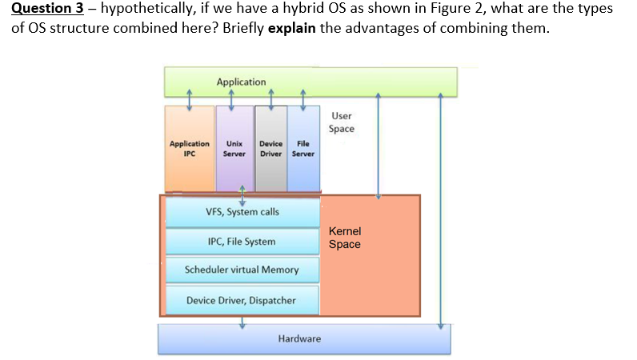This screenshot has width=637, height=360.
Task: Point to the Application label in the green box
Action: pyautogui.click(x=241, y=82)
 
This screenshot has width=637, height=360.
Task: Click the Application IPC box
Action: pyautogui.click(x=189, y=149)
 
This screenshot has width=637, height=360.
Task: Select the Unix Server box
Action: pyautogui.click(x=234, y=149)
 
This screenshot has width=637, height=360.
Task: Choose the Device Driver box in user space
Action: pyautogui.click(x=270, y=149)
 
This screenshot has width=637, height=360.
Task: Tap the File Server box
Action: pyautogui.click(x=303, y=149)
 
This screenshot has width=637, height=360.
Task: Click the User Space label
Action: pyautogui.click(x=341, y=122)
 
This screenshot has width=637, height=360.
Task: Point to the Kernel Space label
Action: pyautogui.click(x=345, y=238)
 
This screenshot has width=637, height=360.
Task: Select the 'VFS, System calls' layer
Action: pyautogui.click(x=242, y=212)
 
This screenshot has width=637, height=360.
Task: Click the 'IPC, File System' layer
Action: pyautogui.click(x=242, y=242)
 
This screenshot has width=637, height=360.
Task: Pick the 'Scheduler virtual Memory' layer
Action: pyautogui.click(x=242, y=270)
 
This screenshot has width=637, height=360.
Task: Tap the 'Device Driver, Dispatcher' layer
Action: pyautogui.click(x=242, y=300)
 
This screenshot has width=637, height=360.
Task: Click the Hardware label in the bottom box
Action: pyautogui.click(x=299, y=339)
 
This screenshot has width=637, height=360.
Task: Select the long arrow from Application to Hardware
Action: pyautogui.click(x=440, y=208)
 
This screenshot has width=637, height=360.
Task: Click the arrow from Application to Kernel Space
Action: pyautogui.click(x=379, y=144)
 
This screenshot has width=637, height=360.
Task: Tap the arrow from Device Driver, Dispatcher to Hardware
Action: pyautogui.click(x=242, y=321)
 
